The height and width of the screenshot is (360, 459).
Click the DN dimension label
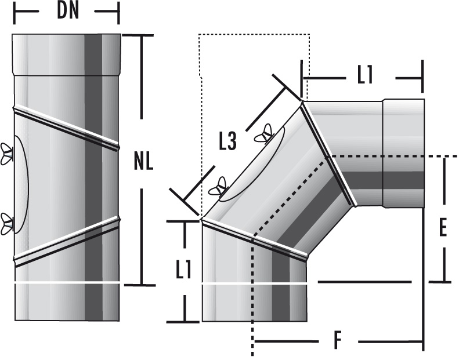[x=68, y=12]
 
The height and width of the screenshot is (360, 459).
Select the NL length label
[x=143, y=161]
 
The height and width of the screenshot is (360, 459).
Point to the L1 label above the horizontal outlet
[x=364, y=76]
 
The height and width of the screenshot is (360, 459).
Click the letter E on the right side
[x=442, y=228]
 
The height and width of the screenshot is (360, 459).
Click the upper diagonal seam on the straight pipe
[x=67, y=126]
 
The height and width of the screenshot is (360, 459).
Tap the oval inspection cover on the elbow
[x=253, y=165]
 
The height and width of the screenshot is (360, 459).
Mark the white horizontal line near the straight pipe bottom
[x=67, y=282]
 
